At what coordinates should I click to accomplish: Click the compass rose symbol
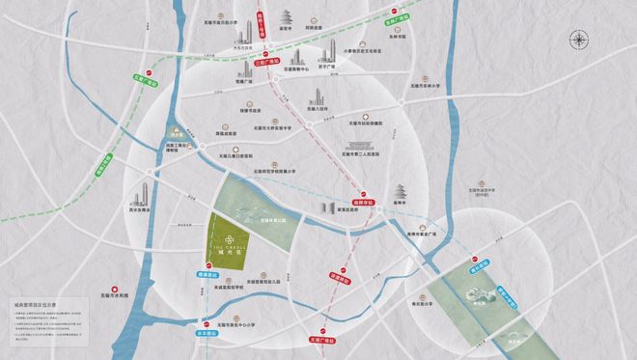click(x=579, y=40)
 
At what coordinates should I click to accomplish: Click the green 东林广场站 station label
click(x=392, y=16)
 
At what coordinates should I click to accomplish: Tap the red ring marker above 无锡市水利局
click(x=117, y=287)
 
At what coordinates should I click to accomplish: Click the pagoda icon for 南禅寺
click(x=401, y=191)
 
